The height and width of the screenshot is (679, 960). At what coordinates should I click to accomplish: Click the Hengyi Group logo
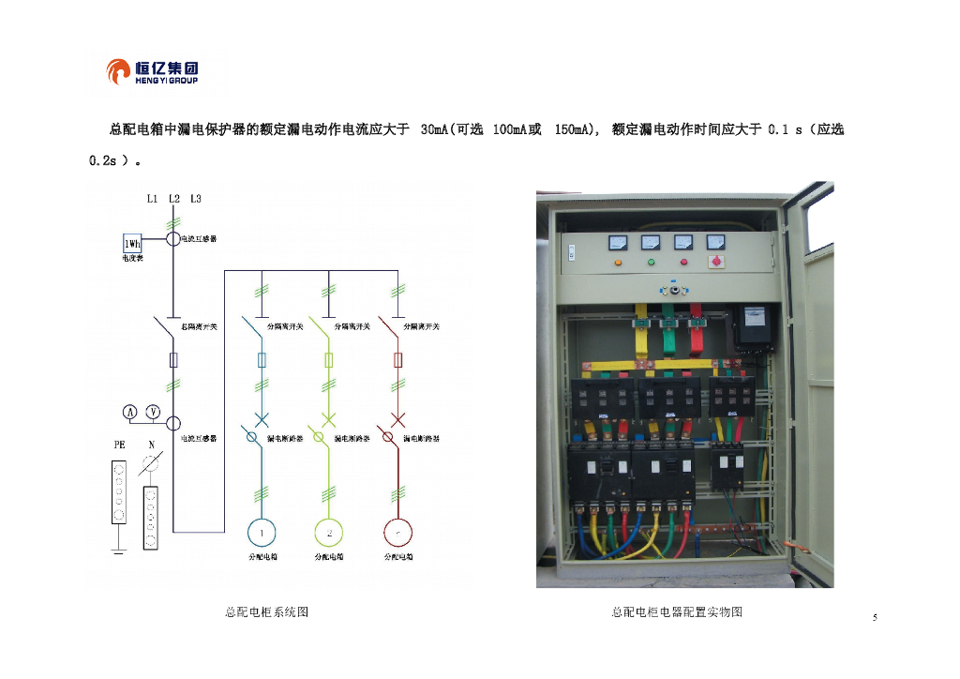(x=153, y=71)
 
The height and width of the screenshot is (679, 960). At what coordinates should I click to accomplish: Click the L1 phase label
(x=152, y=199)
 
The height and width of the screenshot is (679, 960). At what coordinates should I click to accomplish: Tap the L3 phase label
(x=195, y=199)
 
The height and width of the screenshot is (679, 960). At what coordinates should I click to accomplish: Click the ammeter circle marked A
(x=130, y=412)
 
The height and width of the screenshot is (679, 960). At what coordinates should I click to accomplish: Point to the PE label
(x=119, y=445)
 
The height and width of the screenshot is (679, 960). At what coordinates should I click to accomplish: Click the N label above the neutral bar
(x=150, y=445)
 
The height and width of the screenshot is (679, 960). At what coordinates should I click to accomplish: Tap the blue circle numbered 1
(x=262, y=533)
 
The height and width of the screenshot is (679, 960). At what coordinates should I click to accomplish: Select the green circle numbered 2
(x=329, y=533)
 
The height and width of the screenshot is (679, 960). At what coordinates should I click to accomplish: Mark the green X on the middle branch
(x=329, y=418)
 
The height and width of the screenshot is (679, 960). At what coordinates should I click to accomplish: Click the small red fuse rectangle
(x=398, y=360)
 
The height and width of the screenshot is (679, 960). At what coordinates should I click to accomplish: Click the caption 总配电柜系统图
(x=266, y=612)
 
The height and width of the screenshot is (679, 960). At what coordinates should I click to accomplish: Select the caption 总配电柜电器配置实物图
(x=677, y=612)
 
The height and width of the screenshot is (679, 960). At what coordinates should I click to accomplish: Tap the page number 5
(x=875, y=617)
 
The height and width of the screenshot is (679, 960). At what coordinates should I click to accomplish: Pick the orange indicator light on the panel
(x=618, y=263)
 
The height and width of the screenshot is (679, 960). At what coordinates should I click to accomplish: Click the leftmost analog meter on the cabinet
(x=618, y=242)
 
